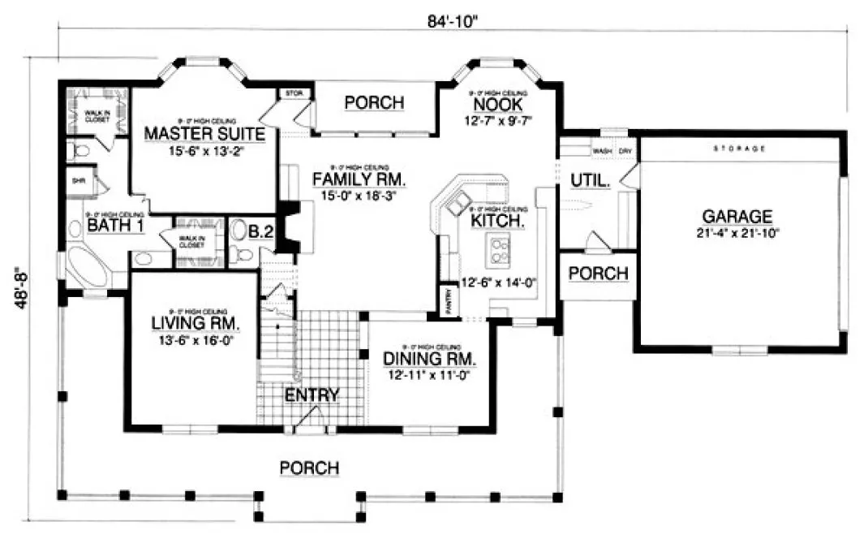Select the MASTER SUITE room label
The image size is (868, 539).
pos(204,134)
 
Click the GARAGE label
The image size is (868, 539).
pos(737,216)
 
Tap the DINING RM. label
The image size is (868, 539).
pos(429,358)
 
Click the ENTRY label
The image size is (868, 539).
pos(312,395)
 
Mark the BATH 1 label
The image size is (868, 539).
pos(115,225)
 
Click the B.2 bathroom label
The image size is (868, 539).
pos(260,232)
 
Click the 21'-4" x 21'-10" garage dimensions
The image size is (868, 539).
pos(737,232)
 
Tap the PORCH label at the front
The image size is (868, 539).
pos(309,468)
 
